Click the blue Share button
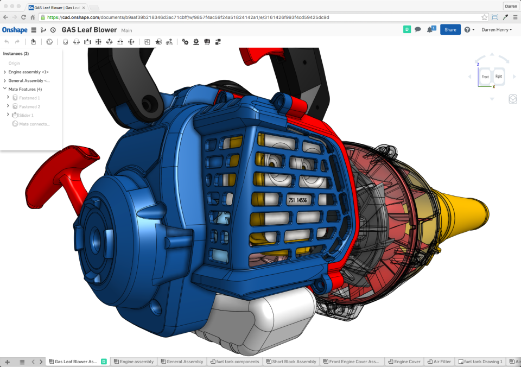point(450,30)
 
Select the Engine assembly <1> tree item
point(28,72)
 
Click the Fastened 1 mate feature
point(29,98)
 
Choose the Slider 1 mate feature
point(27,115)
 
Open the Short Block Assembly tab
point(294,362)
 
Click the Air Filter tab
point(441,362)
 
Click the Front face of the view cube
point(485,77)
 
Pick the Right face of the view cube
point(498,77)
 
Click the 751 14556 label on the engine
point(297,200)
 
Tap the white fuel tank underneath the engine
point(255,320)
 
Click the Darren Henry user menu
point(496,30)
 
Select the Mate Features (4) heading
point(25,89)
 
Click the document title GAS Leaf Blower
point(89,30)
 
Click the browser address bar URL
point(190,17)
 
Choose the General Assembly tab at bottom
point(185,362)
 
